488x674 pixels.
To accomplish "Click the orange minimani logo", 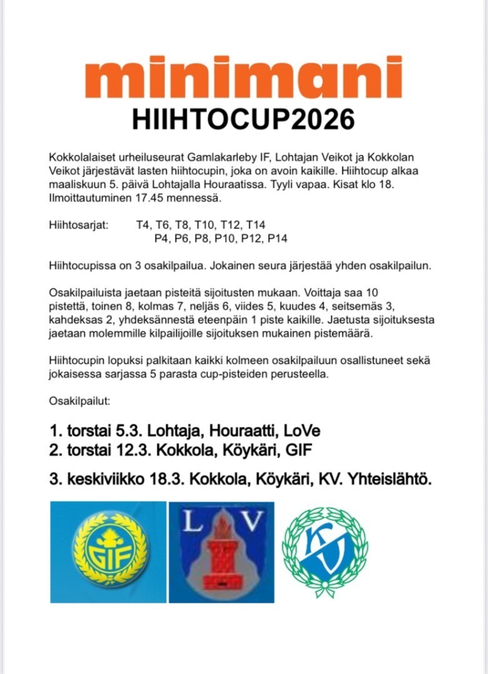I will coord(244,79).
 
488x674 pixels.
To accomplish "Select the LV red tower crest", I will coord(221,552).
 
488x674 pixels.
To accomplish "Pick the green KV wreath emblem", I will coord(325,552).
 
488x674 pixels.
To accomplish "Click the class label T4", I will coord(143,225).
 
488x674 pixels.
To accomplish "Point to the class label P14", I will coord(277,238).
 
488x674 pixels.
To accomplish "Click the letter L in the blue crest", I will coord(194,522).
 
